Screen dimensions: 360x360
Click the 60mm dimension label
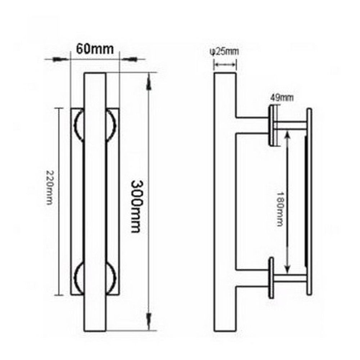click(x=94, y=48)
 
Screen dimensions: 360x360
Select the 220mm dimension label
click(x=50, y=187)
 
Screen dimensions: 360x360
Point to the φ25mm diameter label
click(x=224, y=51)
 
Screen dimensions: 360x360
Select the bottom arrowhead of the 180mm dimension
click(x=287, y=268)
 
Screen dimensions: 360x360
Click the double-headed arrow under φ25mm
click(x=225, y=65)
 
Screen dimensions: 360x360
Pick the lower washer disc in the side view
click(x=271, y=278)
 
